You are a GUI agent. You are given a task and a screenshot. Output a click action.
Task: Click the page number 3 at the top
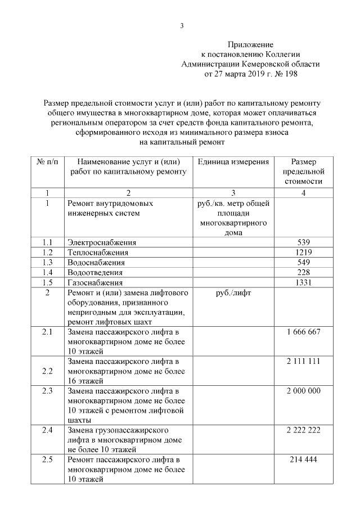(x=181, y=25)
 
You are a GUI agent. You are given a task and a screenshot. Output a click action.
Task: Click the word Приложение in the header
(x=250, y=44)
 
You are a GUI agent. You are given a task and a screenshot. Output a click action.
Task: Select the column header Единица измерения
(x=233, y=162)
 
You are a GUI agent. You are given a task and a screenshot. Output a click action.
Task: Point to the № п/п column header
(x=47, y=162)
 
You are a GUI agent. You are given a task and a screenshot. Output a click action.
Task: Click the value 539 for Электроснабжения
(x=303, y=242)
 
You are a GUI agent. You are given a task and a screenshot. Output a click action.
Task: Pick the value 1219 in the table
(x=303, y=253)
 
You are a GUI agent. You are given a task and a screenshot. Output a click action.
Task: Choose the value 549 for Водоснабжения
(x=303, y=263)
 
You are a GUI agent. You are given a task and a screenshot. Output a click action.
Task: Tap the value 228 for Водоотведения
(x=303, y=273)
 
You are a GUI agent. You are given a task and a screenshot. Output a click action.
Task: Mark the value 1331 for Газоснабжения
(x=303, y=283)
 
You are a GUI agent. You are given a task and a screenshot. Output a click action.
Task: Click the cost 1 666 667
(x=303, y=332)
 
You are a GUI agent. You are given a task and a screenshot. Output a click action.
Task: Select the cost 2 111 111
(x=303, y=361)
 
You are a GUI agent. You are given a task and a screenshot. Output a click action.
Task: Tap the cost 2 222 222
(x=303, y=430)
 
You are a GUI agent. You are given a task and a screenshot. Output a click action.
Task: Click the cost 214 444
(x=303, y=460)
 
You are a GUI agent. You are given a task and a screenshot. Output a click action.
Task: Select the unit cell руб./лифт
(x=233, y=293)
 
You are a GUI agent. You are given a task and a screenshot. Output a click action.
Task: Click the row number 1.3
(x=47, y=263)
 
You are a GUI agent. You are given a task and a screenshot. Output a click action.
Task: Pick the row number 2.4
(x=47, y=430)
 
